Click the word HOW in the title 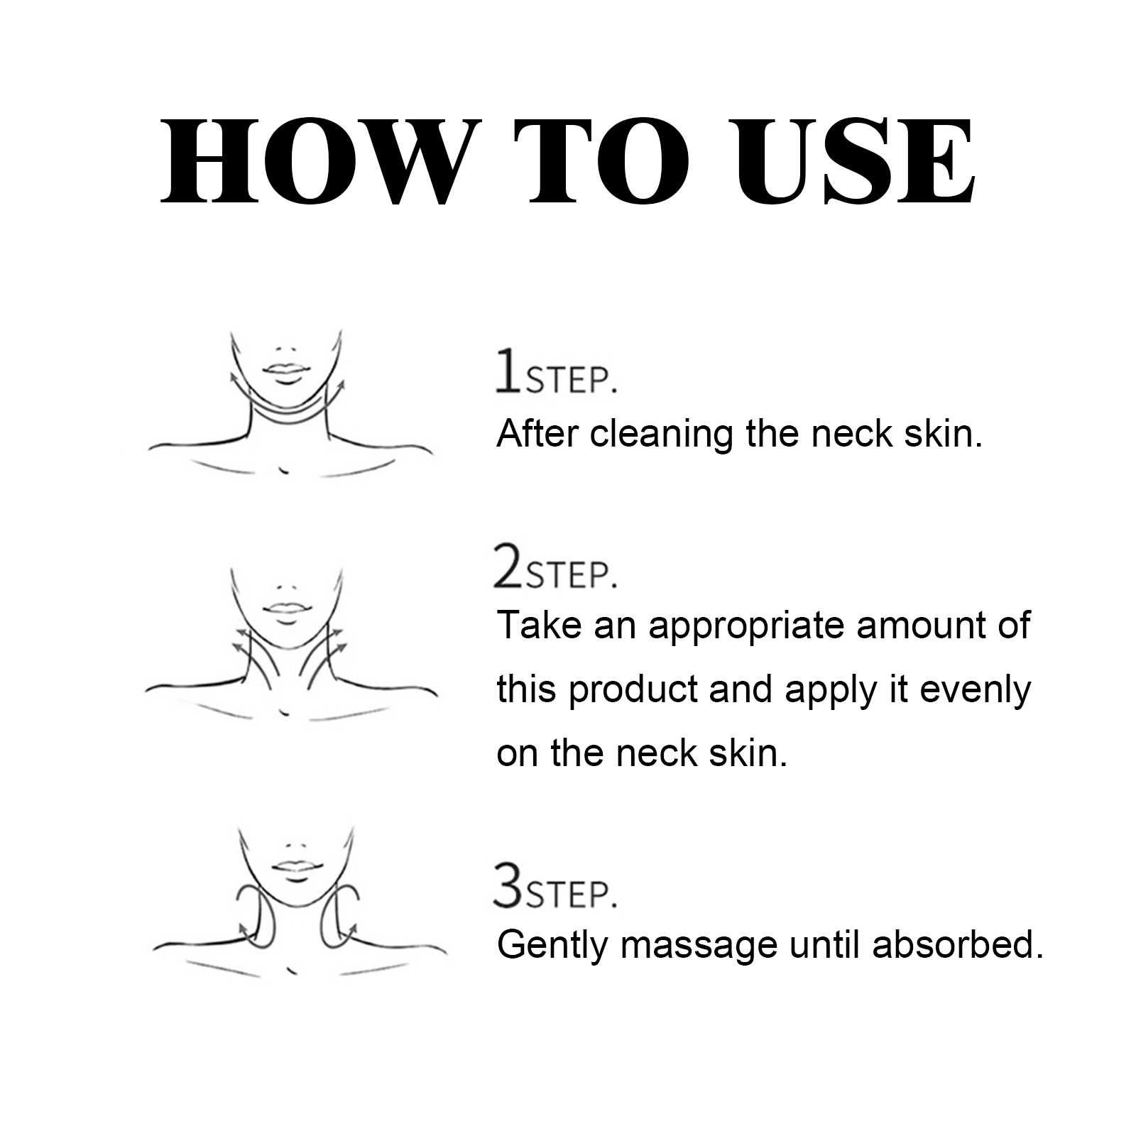307,161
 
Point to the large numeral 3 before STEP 508,885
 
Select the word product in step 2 633,690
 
